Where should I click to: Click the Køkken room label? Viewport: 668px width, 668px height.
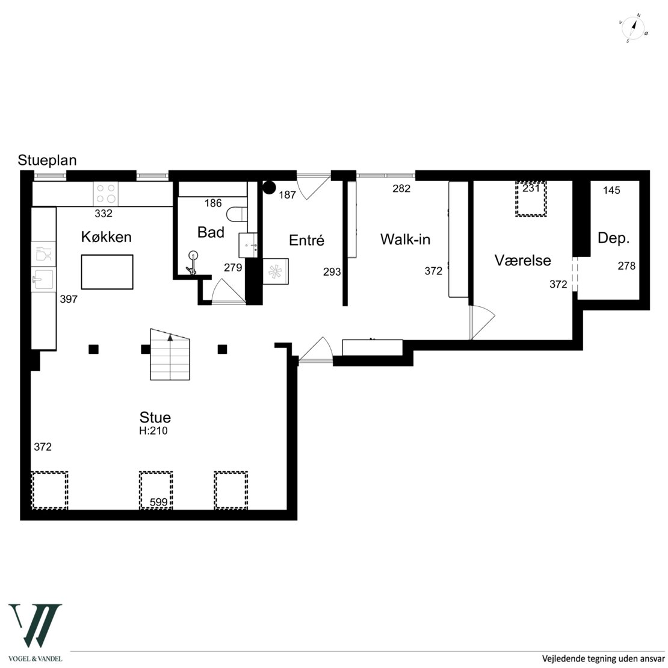(106, 237)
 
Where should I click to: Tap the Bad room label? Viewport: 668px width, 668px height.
(211, 232)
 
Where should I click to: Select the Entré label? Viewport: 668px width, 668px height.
(306, 240)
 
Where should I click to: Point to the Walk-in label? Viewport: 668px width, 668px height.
(405, 240)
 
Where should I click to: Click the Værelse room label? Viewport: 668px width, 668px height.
(523, 261)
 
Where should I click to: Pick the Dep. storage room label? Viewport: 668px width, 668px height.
(613, 238)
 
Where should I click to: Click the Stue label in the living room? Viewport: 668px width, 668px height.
(155, 417)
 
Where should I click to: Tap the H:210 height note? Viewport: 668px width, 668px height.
(153, 431)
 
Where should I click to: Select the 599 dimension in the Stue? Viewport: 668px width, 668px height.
(158, 503)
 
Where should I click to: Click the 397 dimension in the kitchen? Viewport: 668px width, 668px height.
(69, 299)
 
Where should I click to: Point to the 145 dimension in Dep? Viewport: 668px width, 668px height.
(612, 190)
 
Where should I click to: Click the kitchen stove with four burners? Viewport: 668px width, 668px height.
(106, 193)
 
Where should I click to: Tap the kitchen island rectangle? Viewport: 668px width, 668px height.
(107, 272)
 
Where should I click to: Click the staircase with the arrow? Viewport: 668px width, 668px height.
(170, 354)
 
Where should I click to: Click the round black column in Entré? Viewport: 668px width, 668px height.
(269, 187)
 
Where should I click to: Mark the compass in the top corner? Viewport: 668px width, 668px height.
(633, 28)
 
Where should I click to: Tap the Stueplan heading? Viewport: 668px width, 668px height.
(48, 160)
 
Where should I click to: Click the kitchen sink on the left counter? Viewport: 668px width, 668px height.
(43, 279)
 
